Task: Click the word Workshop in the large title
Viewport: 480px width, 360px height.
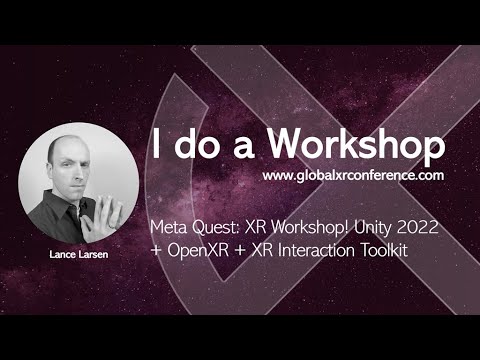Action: coord(356,146)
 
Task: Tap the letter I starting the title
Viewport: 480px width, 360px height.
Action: coord(157,146)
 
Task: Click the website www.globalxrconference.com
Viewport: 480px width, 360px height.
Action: coord(353,175)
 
